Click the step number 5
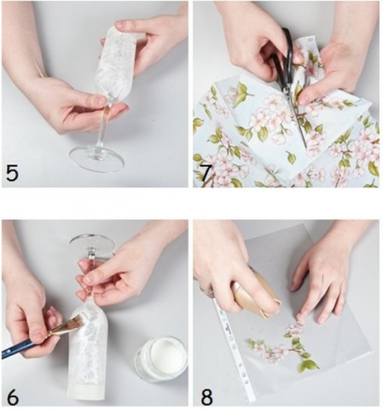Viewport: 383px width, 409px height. click(12, 173)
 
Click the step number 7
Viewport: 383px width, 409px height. click(206, 173)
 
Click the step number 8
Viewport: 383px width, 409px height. click(206, 397)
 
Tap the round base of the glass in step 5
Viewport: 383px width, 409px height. click(97, 159)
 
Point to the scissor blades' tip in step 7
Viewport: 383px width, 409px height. click(306, 147)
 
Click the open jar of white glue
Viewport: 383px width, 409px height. click(160, 359)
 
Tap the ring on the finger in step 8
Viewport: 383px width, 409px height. click(208, 291)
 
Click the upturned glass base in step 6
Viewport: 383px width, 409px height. click(92, 245)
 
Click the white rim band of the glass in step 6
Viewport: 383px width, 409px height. click(87, 391)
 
